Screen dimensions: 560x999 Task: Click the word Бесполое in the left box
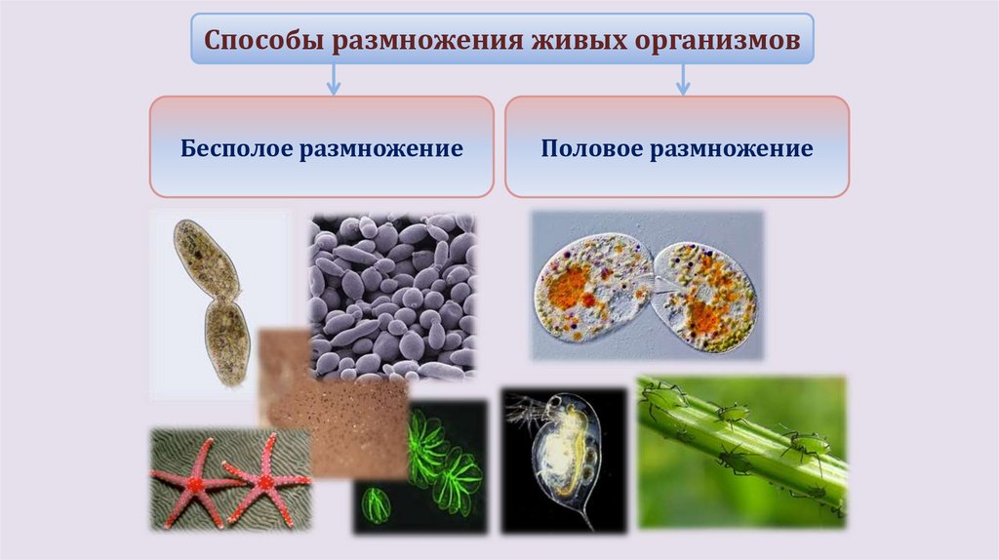(236, 149)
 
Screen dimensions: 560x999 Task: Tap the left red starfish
(190, 481)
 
